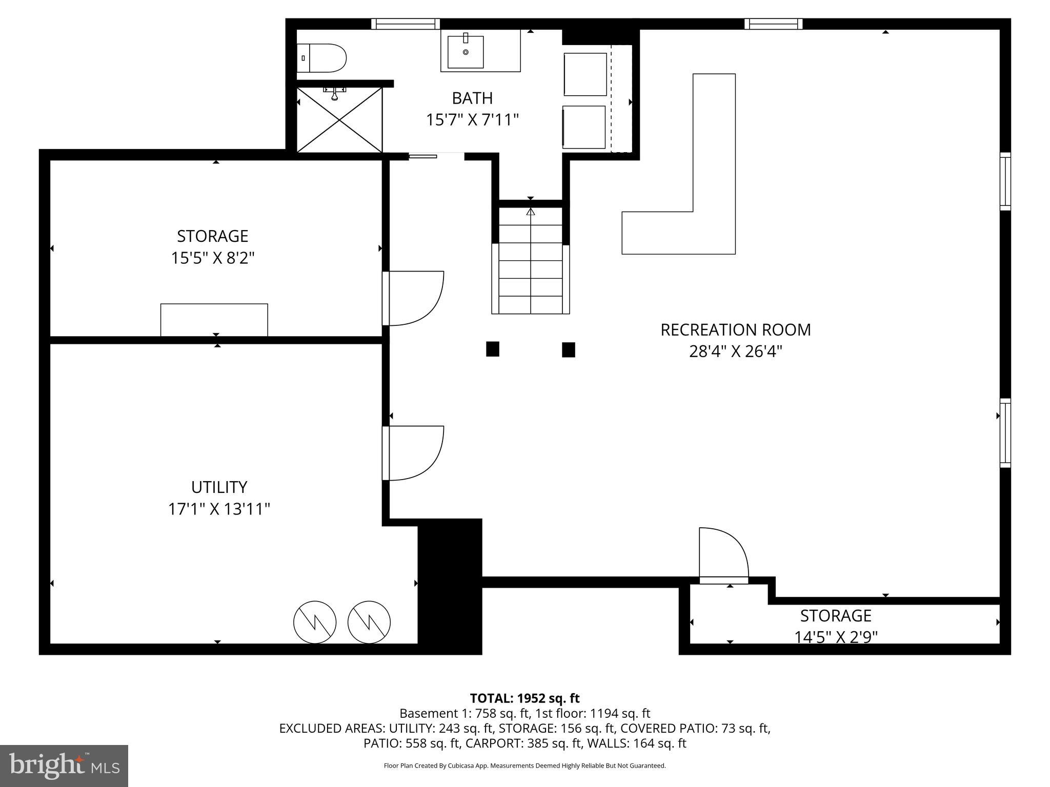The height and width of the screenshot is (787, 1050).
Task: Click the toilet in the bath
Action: [x=323, y=58]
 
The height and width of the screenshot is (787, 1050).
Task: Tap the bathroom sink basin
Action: [x=465, y=52]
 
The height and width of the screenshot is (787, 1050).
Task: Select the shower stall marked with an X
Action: [x=339, y=119]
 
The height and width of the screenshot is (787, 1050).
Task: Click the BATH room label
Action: [x=472, y=98]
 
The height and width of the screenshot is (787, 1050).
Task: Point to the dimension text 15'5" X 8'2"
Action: [x=212, y=258]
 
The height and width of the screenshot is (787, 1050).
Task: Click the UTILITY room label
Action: [x=219, y=487]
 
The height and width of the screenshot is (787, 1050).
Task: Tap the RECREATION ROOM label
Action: [x=735, y=330]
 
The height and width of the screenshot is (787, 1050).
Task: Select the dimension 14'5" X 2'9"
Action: [x=836, y=637]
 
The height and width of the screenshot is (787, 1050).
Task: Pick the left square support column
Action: [x=492, y=349]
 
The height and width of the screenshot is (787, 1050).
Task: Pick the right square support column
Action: [x=568, y=350]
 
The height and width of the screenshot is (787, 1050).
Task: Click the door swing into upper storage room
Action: [x=413, y=298]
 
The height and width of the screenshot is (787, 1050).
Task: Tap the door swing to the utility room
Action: [x=413, y=453]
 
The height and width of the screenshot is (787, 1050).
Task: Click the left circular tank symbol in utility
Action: [x=314, y=622]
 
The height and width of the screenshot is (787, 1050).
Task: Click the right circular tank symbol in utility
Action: [x=369, y=622]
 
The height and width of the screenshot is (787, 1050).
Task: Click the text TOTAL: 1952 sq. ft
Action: [x=524, y=698]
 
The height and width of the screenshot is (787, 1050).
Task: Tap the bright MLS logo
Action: [x=64, y=765]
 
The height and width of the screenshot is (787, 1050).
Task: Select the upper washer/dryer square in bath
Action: [x=585, y=74]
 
